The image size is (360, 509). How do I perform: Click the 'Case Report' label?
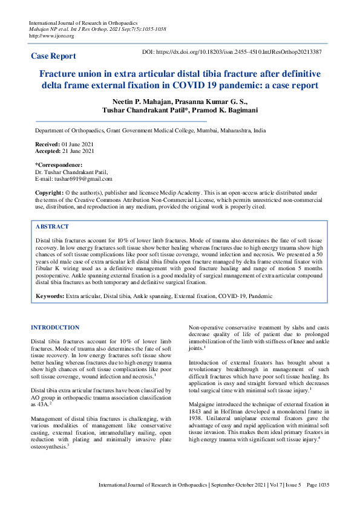[x=53, y=56]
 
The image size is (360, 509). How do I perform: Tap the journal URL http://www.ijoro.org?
[x=51, y=36]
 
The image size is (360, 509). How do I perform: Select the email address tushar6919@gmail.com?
[x=83, y=179]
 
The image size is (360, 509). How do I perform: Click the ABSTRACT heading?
[x=52, y=226]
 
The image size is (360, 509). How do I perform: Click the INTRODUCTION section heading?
[x=55, y=328]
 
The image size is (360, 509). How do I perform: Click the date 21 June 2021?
[x=82, y=151]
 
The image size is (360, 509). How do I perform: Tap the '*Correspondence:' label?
[x=58, y=165]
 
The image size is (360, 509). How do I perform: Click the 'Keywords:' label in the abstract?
[x=50, y=296]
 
